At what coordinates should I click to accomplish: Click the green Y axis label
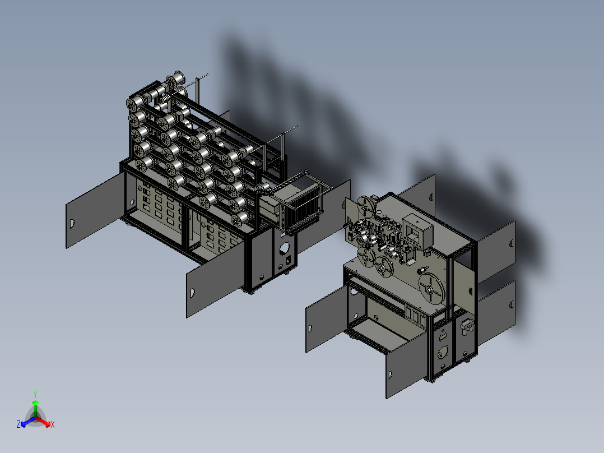tap(35, 394)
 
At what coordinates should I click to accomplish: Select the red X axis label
tap(53, 425)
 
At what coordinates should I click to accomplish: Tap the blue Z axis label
tap(18, 425)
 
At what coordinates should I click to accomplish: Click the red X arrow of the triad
tap(45, 422)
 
